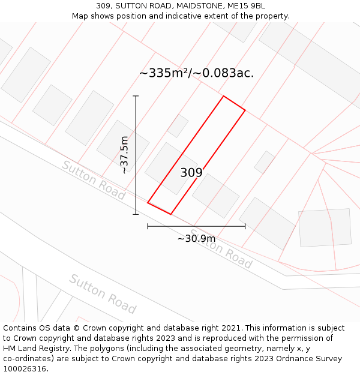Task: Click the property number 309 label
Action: [191, 173]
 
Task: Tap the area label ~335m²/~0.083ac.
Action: [196, 73]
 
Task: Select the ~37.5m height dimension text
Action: [124, 155]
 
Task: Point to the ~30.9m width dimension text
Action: [196, 239]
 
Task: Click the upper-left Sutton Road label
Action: [93, 180]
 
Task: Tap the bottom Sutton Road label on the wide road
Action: [102, 294]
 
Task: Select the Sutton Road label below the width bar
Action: [221, 248]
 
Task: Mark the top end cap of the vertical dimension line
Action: [136, 95]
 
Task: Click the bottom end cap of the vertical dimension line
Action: [136, 214]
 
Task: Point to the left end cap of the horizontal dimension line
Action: [148, 226]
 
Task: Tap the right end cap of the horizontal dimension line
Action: [245, 226]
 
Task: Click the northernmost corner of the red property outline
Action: [224, 96]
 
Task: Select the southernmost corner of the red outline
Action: [170, 214]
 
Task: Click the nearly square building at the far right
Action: [325, 228]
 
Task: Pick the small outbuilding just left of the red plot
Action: [178, 125]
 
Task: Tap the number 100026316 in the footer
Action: [25, 368]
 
